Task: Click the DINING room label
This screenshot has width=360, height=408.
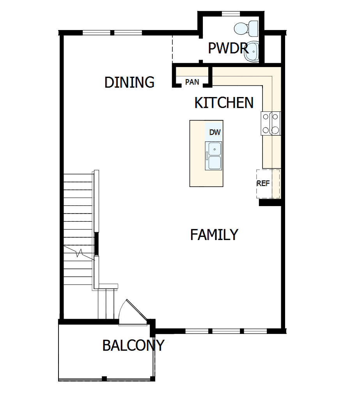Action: pyautogui.click(x=129, y=82)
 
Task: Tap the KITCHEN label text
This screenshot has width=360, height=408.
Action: pyautogui.click(x=224, y=103)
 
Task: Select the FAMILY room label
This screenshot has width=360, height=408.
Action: pyautogui.click(x=214, y=235)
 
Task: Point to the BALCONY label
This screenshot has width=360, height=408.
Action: pyautogui.click(x=133, y=345)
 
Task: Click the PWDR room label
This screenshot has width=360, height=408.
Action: pyautogui.click(x=228, y=48)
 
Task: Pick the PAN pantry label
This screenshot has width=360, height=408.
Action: pyautogui.click(x=192, y=82)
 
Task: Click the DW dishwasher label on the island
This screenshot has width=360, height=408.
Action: pyautogui.click(x=215, y=132)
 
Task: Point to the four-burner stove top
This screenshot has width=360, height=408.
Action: pyautogui.click(x=271, y=123)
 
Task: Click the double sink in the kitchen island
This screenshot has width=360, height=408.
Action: pyautogui.click(x=215, y=155)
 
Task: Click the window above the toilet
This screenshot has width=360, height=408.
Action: pyautogui.click(x=231, y=14)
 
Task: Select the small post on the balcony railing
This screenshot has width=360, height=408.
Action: pyautogui.click(x=104, y=378)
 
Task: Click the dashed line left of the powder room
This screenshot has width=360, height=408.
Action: pyautogui.click(x=172, y=48)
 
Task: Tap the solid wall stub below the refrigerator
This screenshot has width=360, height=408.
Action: pyautogui.click(x=270, y=202)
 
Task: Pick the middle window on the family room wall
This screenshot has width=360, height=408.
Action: pyautogui.click(x=226, y=331)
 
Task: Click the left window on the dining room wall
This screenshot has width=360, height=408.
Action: pyautogui.click(x=97, y=33)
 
